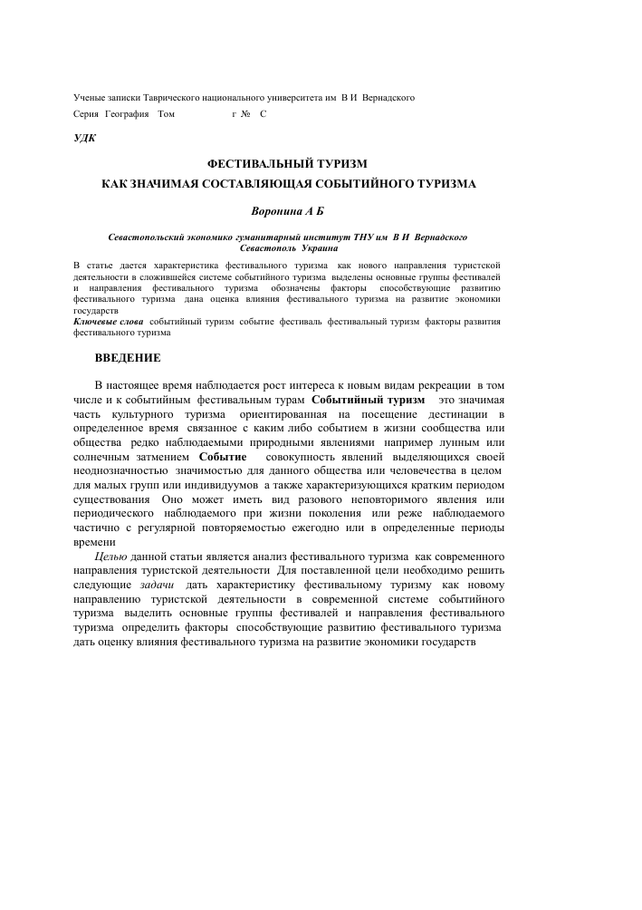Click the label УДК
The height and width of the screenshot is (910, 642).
[x=83, y=139]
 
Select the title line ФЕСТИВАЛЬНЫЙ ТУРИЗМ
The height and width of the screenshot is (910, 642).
[x=287, y=164]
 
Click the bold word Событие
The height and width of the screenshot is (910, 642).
[x=223, y=457]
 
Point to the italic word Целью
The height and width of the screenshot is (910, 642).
[x=111, y=556]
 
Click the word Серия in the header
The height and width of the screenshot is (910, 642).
[x=85, y=113]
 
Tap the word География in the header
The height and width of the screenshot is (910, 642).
[x=126, y=113]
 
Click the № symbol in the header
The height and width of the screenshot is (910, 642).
[x=245, y=113]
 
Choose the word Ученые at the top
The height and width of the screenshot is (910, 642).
[x=89, y=96]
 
